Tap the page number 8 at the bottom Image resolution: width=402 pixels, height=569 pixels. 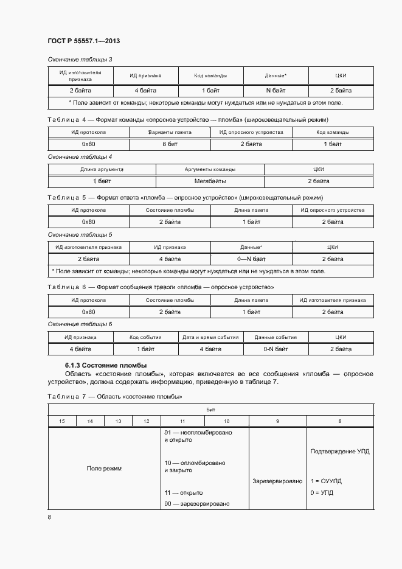coord(49,517)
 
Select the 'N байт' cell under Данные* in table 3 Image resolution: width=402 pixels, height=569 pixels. coord(276,90)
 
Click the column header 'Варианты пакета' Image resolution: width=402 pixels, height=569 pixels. coord(170,132)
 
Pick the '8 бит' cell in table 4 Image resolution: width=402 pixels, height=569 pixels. coord(170,144)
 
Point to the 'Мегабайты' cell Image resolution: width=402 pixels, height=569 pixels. coord(210,181)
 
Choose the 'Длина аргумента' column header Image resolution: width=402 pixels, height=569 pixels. coord(102,169)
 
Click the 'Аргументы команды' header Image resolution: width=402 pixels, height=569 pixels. coord(210,169)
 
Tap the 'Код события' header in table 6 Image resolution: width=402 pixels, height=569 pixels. coord(145,337)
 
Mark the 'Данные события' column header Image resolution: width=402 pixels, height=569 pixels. coord(276,337)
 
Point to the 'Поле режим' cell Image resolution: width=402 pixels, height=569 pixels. coord(104,468)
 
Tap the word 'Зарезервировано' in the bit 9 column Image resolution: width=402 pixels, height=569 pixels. coord(277,481)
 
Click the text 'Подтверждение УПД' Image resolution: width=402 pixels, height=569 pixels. coord(339,452)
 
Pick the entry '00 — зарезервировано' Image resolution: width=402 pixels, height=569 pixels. coord(197,504)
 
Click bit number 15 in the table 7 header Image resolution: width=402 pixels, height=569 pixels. coord(61,421)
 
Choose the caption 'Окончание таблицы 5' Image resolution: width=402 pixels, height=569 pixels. coord(80,234)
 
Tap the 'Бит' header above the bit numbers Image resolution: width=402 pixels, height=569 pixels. coord(210,410)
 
